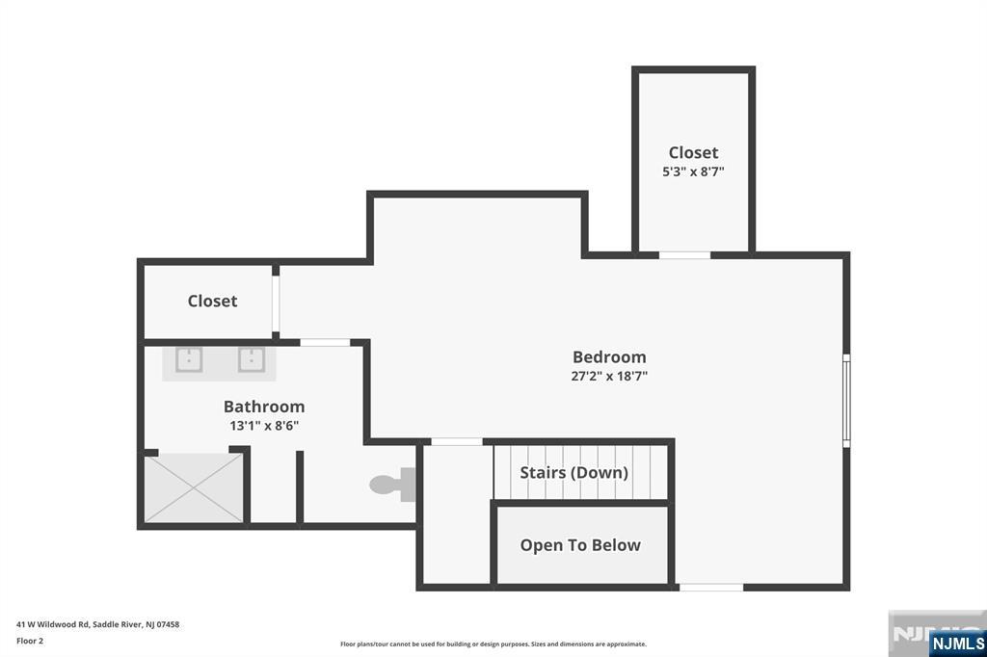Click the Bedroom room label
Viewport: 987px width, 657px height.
point(609,356)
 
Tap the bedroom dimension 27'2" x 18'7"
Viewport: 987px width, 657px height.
point(609,377)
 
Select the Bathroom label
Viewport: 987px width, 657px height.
point(264,407)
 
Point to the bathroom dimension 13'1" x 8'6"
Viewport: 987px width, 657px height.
point(264,426)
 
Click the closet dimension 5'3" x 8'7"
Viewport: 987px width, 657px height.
point(693,171)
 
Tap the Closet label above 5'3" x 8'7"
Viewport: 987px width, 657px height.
point(693,152)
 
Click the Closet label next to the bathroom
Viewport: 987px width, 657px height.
point(212,301)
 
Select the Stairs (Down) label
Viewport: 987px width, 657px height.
point(574,473)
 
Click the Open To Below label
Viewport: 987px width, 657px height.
point(580,545)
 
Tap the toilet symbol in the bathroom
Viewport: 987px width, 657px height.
point(392,484)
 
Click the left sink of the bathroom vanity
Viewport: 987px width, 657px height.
point(189,360)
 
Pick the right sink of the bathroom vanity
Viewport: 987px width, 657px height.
point(252,360)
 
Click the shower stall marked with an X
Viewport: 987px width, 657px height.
point(194,488)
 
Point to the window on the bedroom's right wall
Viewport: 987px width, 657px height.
point(846,401)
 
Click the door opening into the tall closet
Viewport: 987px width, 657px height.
point(685,255)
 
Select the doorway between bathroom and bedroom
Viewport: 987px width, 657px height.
point(325,342)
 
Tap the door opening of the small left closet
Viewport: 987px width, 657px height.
point(276,303)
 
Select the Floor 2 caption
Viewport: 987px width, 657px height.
point(30,641)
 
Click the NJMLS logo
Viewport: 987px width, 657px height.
point(957,644)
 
